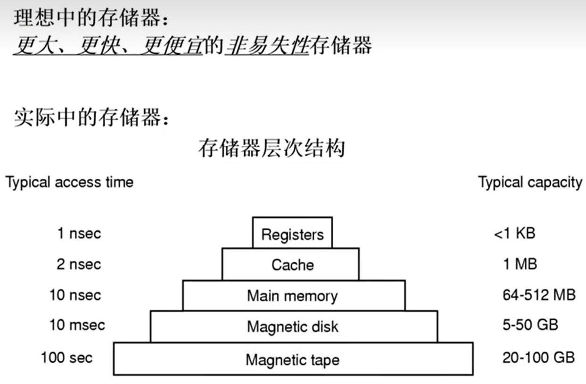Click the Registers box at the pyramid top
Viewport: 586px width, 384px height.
pyautogui.click(x=292, y=234)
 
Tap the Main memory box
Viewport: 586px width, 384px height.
pyautogui.click(x=292, y=296)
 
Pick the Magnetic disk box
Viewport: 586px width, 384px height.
pyautogui.click(x=292, y=326)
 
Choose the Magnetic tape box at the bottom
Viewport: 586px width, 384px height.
pyautogui.click(x=292, y=360)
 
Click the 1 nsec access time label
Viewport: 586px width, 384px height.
pyautogui.click(x=79, y=233)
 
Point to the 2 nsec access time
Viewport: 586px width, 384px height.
pyautogui.click(x=79, y=264)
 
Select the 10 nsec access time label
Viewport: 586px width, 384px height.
pyautogui.click(x=75, y=295)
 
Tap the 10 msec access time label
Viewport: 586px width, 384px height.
pyautogui.click(x=77, y=325)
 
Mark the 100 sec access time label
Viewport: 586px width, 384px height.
pyautogui.click(x=67, y=358)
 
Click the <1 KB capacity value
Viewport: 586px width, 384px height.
pyautogui.click(x=514, y=233)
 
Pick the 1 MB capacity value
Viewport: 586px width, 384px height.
pyautogui.click(x=520, y=264)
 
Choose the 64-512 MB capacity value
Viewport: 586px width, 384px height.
pyautogui.click(x=539, y=295)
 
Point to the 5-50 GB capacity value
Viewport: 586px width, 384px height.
pyautogui.click(x=530, y=325)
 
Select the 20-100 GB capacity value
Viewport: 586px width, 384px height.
pyautogui.click(x=538, y=358)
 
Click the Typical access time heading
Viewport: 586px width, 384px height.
pyautogui.click(x=69, y=182)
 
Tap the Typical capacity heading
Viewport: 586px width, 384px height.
pyautogui.click(x=530, y=182)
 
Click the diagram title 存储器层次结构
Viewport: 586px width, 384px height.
pyautogui.click(x=272, y=148)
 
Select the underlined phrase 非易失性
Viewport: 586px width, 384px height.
pyautogui.click(x=266, y=46)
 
